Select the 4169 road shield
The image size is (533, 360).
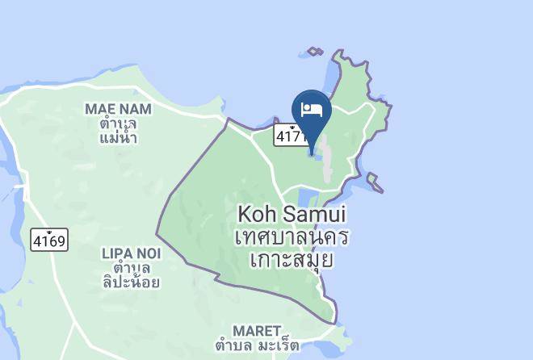point(50,239)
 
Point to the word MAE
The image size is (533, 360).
point(99,108)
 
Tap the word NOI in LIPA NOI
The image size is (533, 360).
point(148,253)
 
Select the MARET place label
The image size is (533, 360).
point(256,331)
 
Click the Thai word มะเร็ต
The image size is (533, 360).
point(276,346)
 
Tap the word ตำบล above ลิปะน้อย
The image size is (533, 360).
point(131,267)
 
